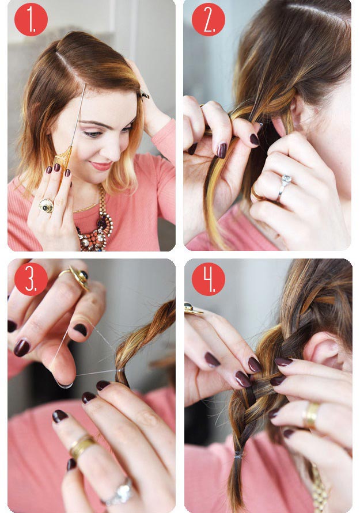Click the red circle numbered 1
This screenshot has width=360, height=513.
click(x=31, y=20)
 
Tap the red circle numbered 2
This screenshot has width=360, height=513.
click(x=209, y=20)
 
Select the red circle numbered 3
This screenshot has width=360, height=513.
click(x=31, y=279)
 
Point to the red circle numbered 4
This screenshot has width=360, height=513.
click(x=209, y=279)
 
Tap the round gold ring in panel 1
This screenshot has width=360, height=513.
click(x=46, y=206)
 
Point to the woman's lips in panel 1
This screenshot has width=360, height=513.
click(x=101, y=166)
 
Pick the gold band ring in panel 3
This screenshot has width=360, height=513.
click(x=80, y=447)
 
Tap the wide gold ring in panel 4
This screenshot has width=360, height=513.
click(x=311, y=416)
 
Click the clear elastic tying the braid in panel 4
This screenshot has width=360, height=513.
click(x=238, y=454)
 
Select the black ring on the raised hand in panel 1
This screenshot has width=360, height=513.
click(x=144, y=95)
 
